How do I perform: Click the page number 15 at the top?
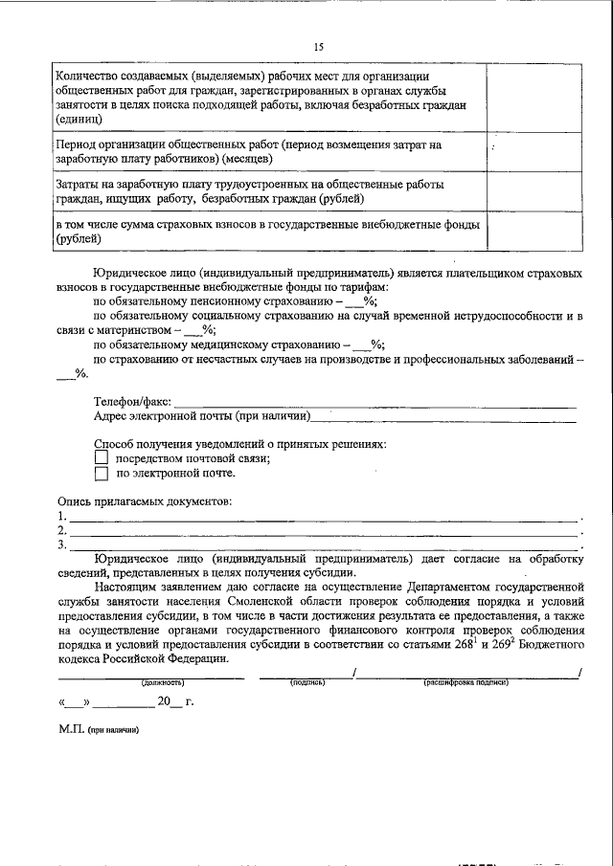(318, 46)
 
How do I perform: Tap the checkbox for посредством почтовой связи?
(101, 458)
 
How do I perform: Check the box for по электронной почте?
(101, 474)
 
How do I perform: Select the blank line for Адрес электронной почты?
(445, 417)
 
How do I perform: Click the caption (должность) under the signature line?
(163, 682)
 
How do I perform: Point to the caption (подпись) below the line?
(307, 682)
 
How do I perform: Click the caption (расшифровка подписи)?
(465, 682)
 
